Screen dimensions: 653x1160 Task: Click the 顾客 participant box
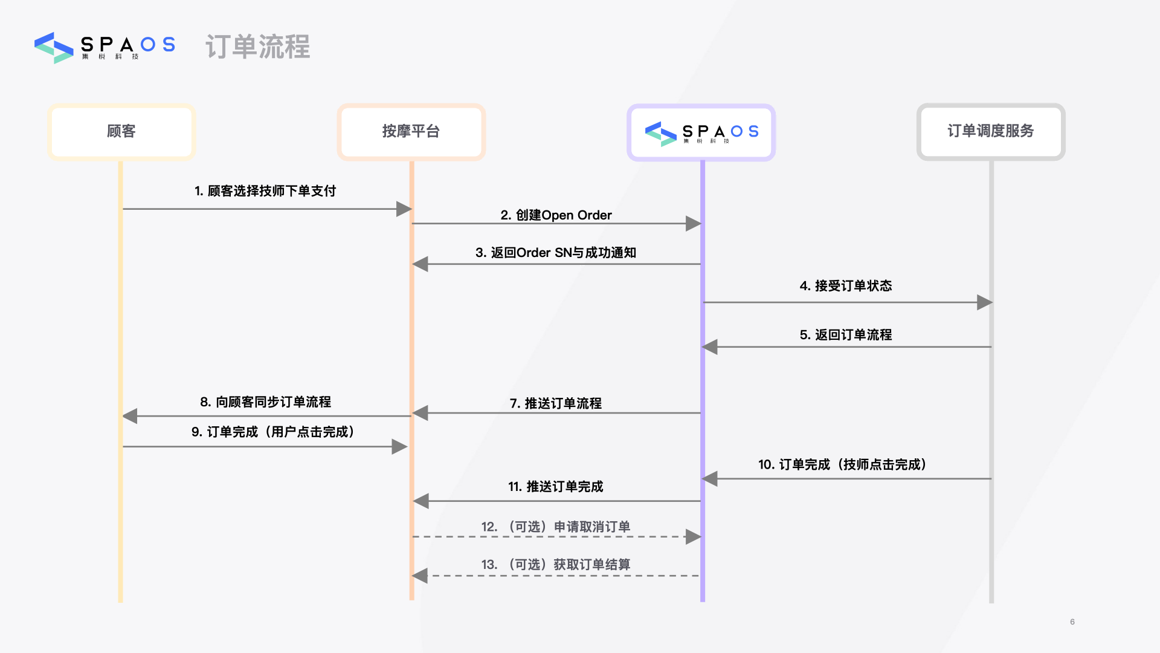tap(121, 131)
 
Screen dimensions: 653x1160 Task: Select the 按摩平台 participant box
tap(411, 131)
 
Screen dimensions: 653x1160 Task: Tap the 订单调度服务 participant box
tap(990, 131)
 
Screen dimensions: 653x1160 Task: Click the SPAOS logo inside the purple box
tap(701, 132)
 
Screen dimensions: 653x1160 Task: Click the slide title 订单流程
tap(257, 47)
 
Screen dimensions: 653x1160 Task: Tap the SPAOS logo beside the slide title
tap(105, 47)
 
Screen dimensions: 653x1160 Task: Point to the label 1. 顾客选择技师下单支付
tap(265, 191)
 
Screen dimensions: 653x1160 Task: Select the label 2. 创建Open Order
tap(556, 215)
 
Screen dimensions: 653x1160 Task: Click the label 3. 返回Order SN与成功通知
tap(556, 253)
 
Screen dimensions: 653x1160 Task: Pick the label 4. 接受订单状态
tap(846, 286)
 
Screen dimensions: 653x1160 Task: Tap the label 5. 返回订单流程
tap(846, 335)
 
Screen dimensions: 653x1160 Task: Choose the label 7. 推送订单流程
tap(556, 403)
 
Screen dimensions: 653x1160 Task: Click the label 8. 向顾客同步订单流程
tap(265, 402)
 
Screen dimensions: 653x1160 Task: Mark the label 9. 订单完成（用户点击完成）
tap(273, 432)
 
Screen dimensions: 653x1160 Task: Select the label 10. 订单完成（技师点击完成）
tap(842, 464)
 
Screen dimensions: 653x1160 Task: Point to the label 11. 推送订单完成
tap(556, 487)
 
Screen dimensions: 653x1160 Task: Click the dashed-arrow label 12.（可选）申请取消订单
tap(556, 527)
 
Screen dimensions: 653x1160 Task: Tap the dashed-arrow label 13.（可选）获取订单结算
tap(556, 565)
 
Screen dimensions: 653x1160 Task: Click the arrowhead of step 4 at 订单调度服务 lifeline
tap(984, 302)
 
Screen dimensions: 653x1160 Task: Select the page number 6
tap(1072, 622)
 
